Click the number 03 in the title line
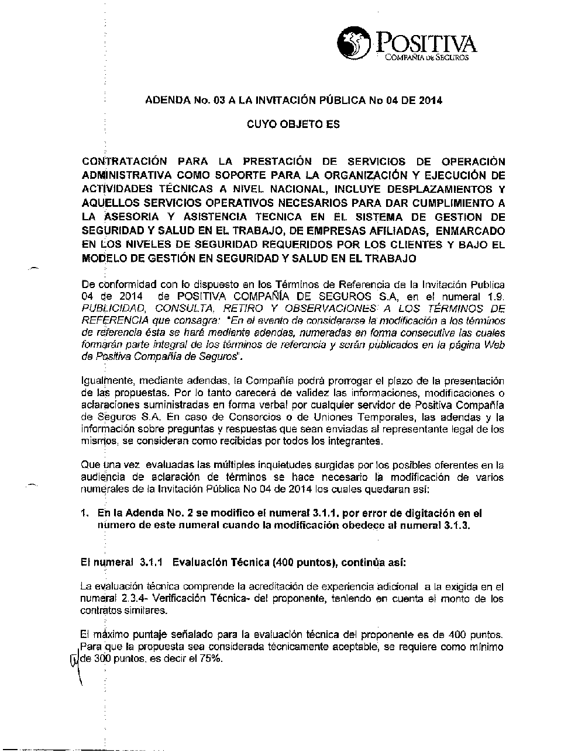coord(219,100)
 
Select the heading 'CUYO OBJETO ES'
coord(293,124)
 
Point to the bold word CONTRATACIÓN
coord(124,161)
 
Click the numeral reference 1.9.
coord(495,297)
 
